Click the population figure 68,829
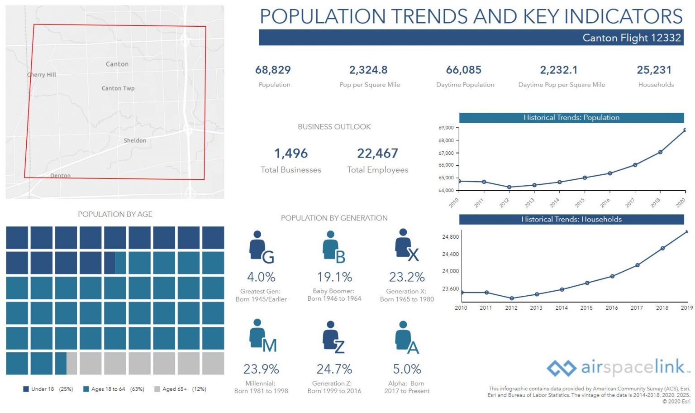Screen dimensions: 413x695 [x=273, y=70]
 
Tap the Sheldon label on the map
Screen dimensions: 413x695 [x=135, y=140]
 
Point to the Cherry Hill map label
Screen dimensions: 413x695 [x=42, y=75]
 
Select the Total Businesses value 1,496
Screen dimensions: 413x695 [x=291, y=154]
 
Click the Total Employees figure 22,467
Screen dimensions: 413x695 [x=377, y=154]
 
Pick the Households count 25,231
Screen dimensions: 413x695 [x=654, y=70]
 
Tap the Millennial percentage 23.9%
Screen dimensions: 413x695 [x=261, y=369]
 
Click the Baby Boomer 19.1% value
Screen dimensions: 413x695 [x=334, y=277]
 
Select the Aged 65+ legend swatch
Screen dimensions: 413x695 [x=157, y=389]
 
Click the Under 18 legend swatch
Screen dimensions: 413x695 [x=26, y=389]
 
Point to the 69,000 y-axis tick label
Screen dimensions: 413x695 [x=446, y=128]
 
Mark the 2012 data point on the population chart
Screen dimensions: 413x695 [x=509, y=187]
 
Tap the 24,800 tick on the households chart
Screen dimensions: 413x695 [x=450, y=237]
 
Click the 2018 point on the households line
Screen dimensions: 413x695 [x=662, y=248]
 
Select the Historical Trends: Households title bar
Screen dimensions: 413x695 [x=571, y=219]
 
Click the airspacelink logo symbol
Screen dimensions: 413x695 [x=561, y=368]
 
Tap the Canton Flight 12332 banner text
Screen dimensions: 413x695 [x=631, y=38]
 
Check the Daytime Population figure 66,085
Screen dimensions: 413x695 [x=464, y=70]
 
